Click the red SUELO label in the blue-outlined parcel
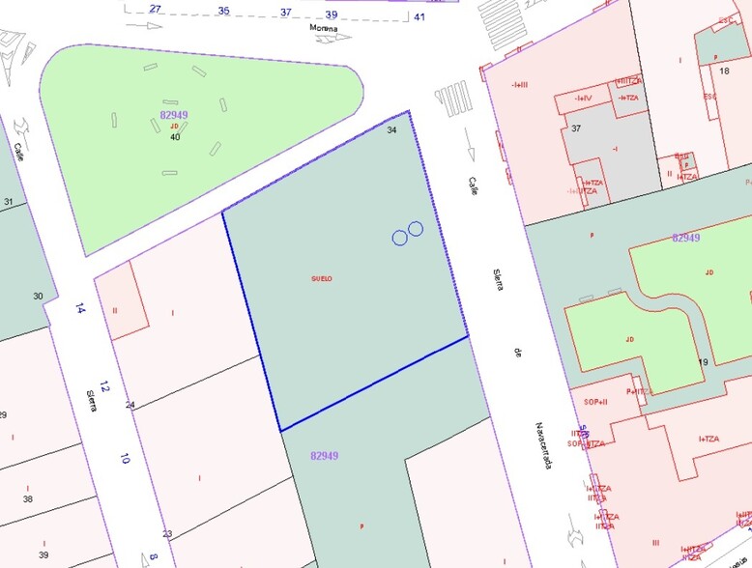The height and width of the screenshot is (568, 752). point(322,278)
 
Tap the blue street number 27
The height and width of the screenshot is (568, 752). point(156,9)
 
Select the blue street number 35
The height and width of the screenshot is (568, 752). point(224,11)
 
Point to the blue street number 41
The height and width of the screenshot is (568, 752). point(419,16)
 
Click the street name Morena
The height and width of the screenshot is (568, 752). point(323,28)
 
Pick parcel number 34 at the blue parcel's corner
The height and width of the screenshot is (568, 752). point(391,129)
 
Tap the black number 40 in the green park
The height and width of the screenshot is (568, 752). point(175,137)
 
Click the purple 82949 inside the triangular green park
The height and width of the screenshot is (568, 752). point(174,115)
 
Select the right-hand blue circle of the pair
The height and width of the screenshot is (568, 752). point(416,229)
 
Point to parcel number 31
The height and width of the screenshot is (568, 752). point(9,202)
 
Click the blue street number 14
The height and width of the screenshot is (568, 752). point(80,309)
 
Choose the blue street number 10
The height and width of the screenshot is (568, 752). point(124,459)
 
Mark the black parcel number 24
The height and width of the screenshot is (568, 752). point(130,405)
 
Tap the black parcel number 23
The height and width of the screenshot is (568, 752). point(167,534)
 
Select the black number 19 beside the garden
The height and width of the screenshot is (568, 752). point(703,362)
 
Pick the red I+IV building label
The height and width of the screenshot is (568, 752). point(583,98)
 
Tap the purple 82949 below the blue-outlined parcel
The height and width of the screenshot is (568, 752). point(325,455)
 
